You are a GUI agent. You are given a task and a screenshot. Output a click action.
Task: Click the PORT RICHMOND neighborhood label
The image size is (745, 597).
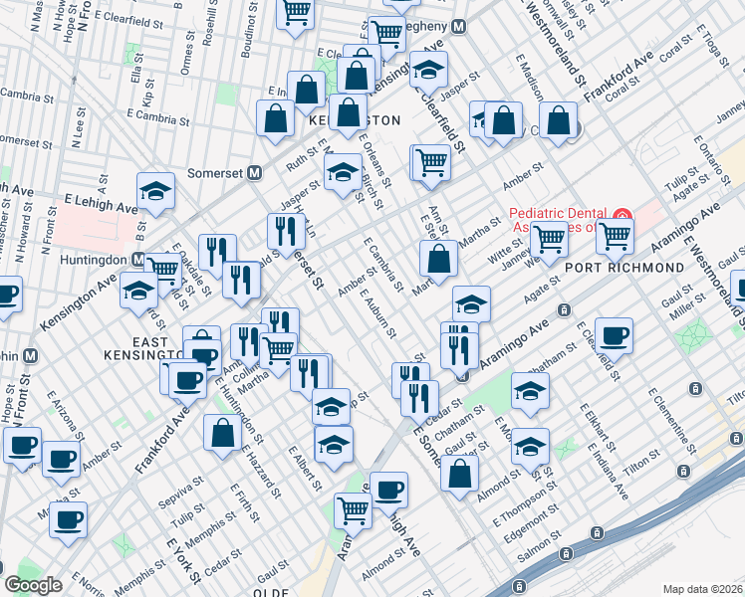[x=638, y=268]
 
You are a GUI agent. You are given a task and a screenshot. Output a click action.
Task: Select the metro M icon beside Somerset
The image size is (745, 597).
[x=255, y=172]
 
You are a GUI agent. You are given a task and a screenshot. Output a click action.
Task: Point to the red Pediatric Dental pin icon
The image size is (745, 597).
[x=621, y=215]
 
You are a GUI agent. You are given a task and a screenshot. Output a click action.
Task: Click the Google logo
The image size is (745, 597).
[x=33, y=585]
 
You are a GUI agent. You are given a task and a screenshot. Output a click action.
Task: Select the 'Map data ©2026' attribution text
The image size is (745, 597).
[x=703, y=588]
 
